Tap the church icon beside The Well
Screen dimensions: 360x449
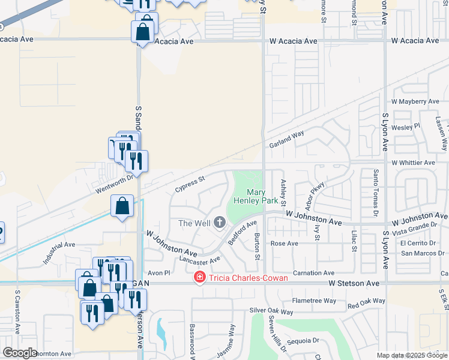coord(219,223)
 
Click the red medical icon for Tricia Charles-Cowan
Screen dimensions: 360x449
coord(199,277)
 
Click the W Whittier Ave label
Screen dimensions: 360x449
coord(413,163)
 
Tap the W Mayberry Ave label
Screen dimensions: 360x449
coord(415,102)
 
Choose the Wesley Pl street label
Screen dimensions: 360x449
coord(405,127)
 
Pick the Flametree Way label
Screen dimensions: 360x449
coord(314,301)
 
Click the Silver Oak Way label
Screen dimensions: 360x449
coord(271,312)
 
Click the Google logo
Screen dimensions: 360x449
coord(20,353)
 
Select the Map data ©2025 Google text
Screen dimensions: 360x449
coord(412,355)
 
